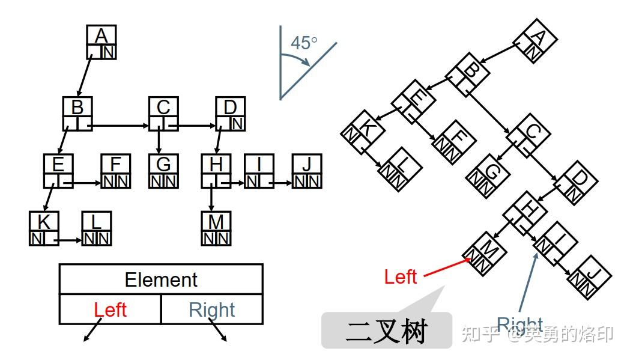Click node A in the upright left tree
point(101,42)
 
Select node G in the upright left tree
point(163,171)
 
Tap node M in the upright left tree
point(216,229)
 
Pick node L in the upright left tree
point(96,229)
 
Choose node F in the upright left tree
point(116,171)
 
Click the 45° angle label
point(304,43)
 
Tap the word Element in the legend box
point(161,279)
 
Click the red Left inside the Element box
point(110,310)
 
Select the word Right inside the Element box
point(211,310)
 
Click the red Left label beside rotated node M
point(401,276)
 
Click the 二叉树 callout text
point(386,331)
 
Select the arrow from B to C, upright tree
point(120,126)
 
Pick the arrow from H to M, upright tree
point(211,199)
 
